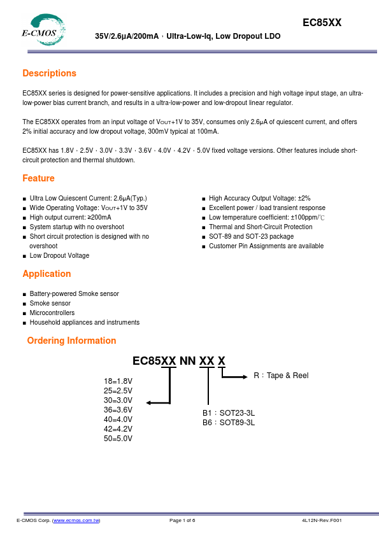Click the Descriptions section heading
point(49,73)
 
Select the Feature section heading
point(38,178)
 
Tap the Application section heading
point(46,274)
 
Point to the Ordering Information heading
point(71,341)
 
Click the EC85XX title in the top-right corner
point(322,22)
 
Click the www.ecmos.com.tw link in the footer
point(76,521)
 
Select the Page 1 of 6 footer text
point(182,521)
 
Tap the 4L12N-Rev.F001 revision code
point(322,521)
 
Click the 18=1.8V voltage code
point(118,381)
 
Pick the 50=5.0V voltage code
point(118,439)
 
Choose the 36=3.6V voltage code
point(118,410)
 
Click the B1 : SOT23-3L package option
point(228,413)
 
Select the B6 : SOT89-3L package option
point(228,422)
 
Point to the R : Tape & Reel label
point(281,376)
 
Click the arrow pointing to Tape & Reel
point(235,377)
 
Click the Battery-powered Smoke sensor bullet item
point(74,293)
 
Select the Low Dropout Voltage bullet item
point(59,255)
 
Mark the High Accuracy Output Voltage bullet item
point(259,199)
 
